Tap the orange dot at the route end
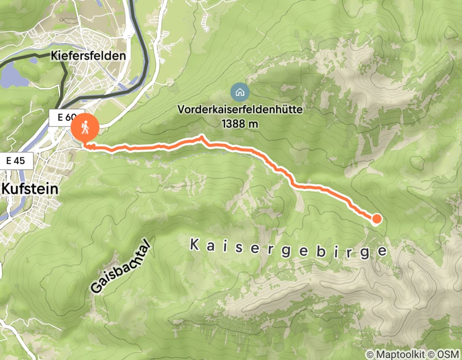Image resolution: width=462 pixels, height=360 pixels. [377, 220]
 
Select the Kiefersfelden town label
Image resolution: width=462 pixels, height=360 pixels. [88, 56]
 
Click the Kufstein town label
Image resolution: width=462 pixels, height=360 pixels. [30, 188]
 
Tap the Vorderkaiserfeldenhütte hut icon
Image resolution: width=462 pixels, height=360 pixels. [240, 93]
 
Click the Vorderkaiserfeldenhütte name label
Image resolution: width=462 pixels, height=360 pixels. [240, 110]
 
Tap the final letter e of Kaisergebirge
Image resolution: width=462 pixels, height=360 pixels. [381, 251]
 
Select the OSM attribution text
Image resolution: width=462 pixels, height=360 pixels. [448, 355]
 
